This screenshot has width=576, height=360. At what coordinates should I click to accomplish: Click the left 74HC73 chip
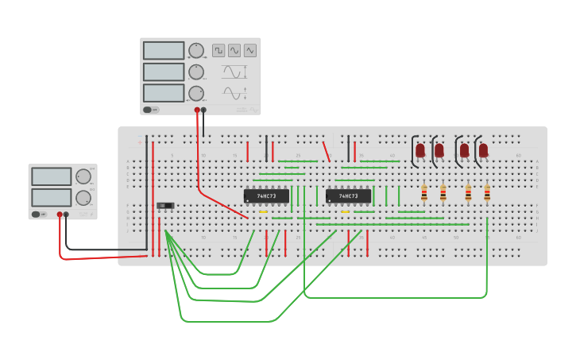(x=266, y=195)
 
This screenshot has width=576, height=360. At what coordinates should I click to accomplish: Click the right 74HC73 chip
(x=348, y=195)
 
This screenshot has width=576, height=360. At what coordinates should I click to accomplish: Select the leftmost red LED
(x=420, y=149)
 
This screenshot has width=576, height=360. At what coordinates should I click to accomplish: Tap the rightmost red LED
(x=483, y=149)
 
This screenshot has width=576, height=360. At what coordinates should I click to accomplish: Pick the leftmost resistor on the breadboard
(x=424, y=192)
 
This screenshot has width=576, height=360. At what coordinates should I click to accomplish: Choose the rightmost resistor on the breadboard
(x=487, y=192)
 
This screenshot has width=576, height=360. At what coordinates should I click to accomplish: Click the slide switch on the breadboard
(x=165, y=206)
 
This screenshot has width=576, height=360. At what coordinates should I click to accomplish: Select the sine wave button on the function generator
(x=234, y=50)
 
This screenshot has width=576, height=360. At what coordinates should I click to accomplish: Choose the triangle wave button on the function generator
(x=250, y=50)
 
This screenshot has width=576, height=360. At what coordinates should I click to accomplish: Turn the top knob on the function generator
(x=195, y=51)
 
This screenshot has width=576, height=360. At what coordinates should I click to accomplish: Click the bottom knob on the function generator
(x=195, y=93)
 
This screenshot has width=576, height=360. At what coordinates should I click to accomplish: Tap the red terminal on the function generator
(x=197, y=110)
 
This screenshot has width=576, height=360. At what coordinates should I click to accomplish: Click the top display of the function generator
(x=164, y=50)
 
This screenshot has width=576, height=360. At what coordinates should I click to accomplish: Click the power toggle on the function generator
(x=149, y=110)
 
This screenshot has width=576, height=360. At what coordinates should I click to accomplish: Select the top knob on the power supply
(x=83, y=176)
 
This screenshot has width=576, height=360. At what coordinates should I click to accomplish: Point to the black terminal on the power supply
(x=67, y=215)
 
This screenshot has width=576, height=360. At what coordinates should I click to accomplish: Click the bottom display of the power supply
(x=52, y=196)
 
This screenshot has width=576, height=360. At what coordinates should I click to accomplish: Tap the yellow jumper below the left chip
(x=263, y=212)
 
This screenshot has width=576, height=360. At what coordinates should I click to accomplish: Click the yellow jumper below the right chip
(x=345, y=212)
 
